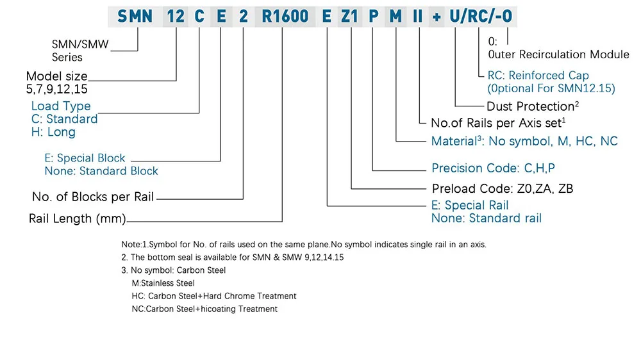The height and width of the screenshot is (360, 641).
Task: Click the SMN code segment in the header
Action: pos(135,16)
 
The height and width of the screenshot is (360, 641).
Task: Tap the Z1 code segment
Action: pos(351,16)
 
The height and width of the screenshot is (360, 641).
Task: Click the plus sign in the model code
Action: pos(437,17)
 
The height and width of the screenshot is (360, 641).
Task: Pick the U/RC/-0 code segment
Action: pos(480,16)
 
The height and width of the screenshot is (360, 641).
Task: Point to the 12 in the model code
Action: pos(176,16)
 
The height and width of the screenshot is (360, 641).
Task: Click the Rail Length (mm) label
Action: pos(77,219)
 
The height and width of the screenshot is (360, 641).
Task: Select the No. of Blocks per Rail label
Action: pos(93,197)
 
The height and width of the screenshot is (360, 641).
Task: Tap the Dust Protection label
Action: pos(529,106)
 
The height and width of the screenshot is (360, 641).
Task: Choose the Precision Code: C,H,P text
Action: pos(492,168)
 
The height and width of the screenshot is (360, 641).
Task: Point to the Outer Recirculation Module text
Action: pos(558,54)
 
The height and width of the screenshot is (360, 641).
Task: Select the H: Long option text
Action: pos(53,133)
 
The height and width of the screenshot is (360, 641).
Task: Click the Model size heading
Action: pos(56,77)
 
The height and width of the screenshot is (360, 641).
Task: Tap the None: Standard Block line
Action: pos(101,171)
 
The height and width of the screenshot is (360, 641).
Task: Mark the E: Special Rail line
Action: pos(470,206)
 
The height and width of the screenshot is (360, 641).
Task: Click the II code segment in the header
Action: pos(417,16)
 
